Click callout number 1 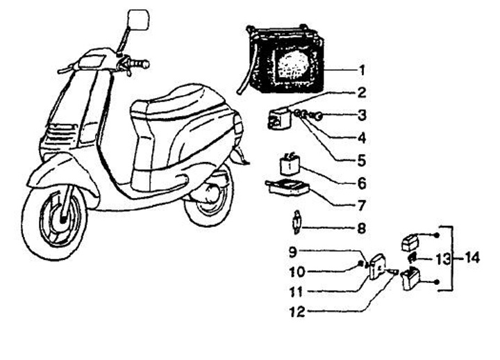[362, 70]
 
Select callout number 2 [362, 92]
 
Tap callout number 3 [362, 115]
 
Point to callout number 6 [362, 184]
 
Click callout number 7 [362, 206]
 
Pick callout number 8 [362, 228]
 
